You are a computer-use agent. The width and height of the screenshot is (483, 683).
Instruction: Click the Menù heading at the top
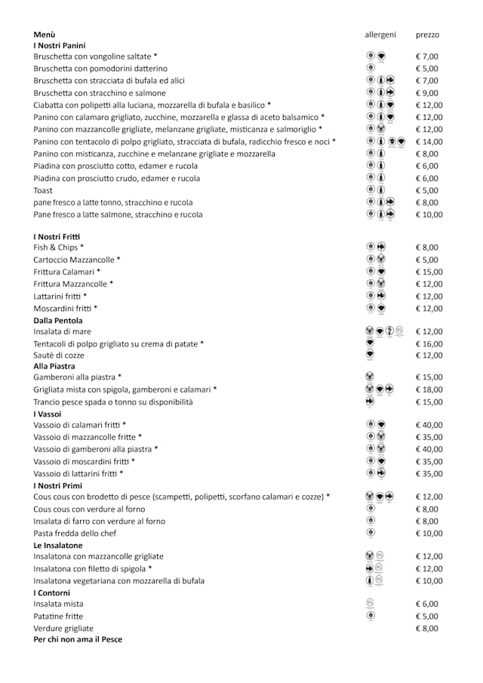click(45, 35)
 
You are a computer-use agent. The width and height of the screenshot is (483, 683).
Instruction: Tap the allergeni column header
click(380, 35)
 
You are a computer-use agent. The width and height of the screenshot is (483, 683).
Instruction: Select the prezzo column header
click(427, 35)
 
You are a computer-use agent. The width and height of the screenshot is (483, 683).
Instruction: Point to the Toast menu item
click(43, 190)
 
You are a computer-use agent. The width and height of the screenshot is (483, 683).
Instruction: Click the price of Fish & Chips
click(426, 247)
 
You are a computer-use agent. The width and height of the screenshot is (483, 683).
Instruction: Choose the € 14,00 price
click(429, 141)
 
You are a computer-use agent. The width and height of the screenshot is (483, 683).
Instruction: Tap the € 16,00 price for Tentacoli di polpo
click(429, 343)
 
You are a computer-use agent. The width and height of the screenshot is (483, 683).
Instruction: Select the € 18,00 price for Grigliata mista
click(429, 389)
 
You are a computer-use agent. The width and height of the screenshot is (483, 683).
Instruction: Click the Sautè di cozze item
click(59, 355)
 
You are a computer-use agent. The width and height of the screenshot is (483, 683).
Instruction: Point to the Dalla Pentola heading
click(58, 321)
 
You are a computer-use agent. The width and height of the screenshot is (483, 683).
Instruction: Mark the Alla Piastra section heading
click(54, 366)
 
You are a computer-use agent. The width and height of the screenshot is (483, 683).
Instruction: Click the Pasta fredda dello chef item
click(75, 534)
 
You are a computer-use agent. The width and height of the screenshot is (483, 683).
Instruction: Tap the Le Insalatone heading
click(58, 545)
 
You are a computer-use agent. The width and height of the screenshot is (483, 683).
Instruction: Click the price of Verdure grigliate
click(426, 628)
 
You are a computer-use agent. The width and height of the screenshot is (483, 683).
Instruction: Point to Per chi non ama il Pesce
click(78, 639)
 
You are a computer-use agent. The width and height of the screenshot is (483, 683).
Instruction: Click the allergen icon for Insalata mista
click(370, 603)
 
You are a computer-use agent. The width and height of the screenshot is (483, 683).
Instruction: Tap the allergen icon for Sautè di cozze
click(370, 355)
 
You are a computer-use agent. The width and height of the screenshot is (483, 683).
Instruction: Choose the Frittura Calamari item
click(66, 272)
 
